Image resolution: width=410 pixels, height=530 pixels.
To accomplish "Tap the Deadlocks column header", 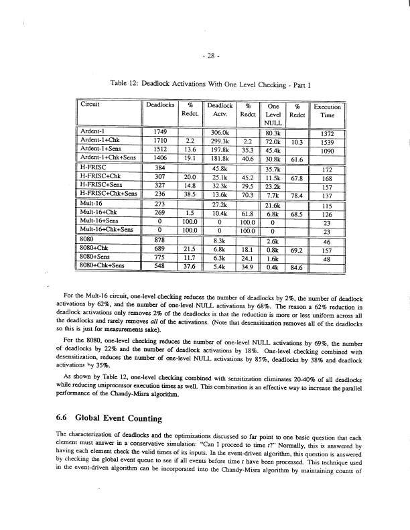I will click(160, 107).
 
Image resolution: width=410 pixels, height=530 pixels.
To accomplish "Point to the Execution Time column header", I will click(328, 111).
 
